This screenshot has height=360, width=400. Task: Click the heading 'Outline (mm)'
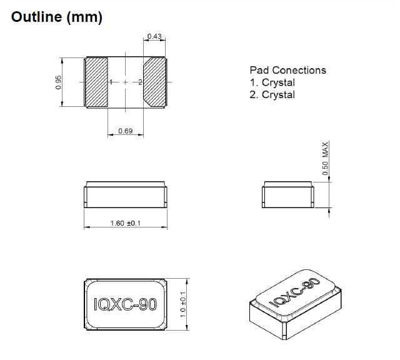click(x=56, y=17)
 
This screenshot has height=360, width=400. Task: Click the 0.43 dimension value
click(x=154, y=36)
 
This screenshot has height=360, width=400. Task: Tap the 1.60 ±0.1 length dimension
click(x=124, y=223)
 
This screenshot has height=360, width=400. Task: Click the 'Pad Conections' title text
click(x=287, y=71)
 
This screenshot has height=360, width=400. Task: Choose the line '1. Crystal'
click(x=272, y=82)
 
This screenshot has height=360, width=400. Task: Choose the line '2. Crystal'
click(x=272, y=95)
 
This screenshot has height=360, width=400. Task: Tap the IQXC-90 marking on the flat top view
click(x=124, y=304)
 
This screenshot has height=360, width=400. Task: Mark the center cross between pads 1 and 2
click(x=125, y=82)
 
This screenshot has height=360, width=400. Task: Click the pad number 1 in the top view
click(x=111, y=82)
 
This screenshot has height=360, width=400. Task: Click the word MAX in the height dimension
click(x=325, y=149)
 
